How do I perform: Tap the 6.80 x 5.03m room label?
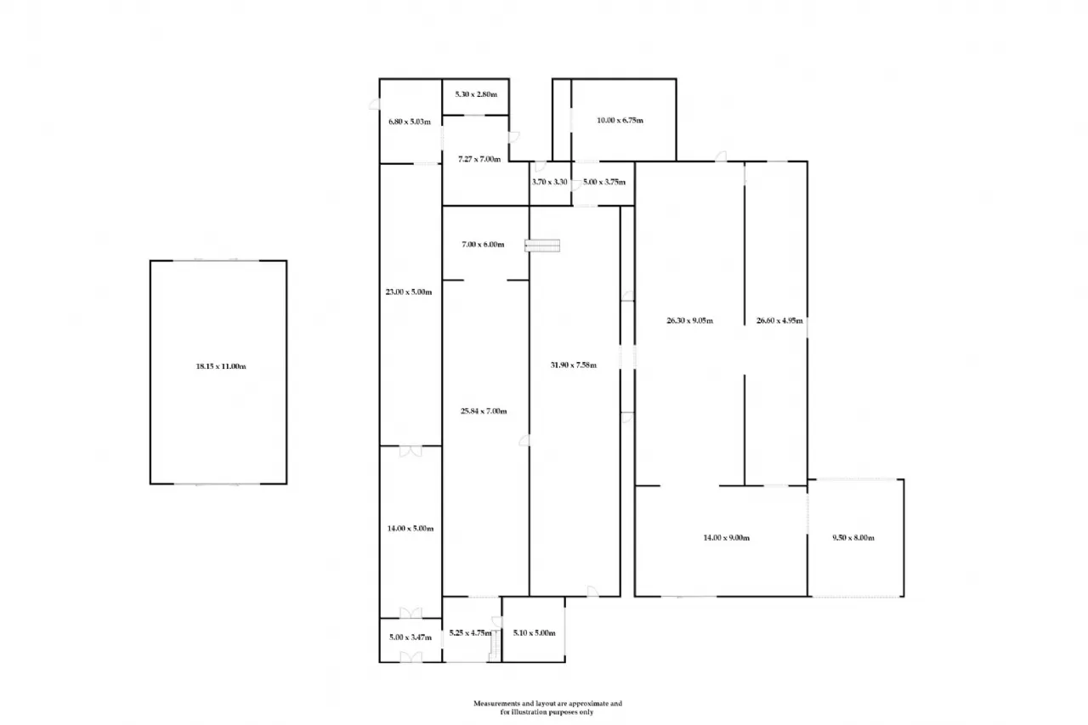410,121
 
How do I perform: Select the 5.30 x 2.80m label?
475,93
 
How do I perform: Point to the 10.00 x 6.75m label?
620,121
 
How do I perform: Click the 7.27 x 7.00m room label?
479,159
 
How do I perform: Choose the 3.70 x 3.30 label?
549,182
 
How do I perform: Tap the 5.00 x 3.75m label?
603,182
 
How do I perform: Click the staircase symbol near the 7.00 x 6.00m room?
543,246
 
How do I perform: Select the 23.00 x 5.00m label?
410,292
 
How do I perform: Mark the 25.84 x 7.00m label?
484,411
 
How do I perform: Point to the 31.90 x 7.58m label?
573,365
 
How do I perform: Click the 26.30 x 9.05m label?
688,321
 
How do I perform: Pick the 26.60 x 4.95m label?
779,321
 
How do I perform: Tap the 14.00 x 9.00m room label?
726,537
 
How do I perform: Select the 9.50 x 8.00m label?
853,537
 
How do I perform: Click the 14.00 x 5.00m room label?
410,529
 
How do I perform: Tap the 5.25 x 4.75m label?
471,632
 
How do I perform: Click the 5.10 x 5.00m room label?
534,632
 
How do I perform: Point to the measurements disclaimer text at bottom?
547,708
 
